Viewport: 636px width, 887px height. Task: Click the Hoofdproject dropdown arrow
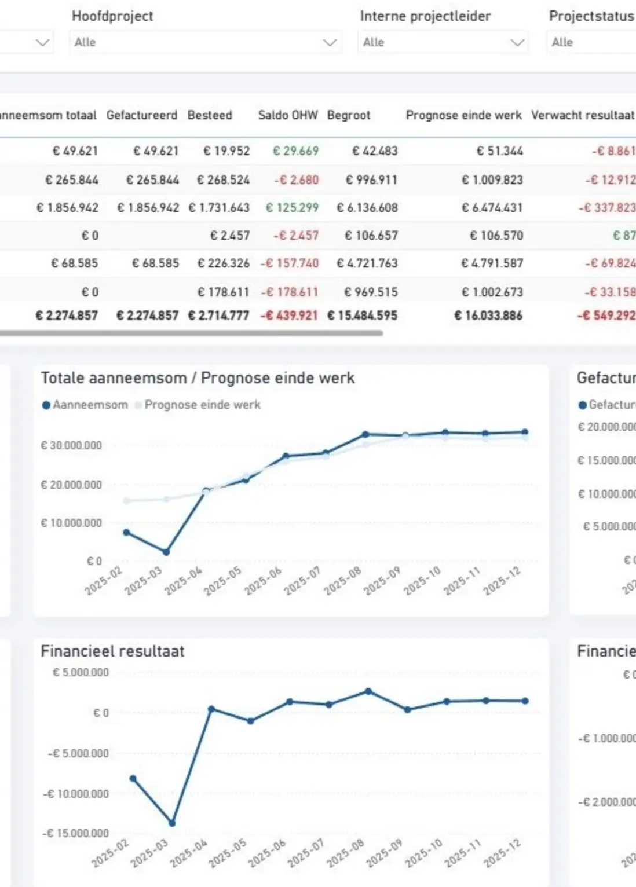[x=330, y=42]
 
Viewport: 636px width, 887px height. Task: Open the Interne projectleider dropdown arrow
[x=517, y=42]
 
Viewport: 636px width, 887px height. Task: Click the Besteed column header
[x=210, y=115]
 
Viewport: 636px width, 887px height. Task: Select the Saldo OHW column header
[x=288, y=115]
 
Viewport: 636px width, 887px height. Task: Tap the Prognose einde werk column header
[x=463, y=115]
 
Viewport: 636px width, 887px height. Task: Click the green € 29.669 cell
[x=295, y=151]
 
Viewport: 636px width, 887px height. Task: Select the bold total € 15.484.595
[x=363, y=316]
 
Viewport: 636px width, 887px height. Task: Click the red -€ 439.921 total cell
[x=289, y=316]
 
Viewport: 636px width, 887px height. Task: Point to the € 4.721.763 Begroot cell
[x=367, y=263]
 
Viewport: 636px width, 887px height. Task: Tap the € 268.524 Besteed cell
[x=223, y=180]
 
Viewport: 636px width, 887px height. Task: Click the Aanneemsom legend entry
[x=85, y=405]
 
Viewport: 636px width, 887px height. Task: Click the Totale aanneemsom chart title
[x=198, y=378]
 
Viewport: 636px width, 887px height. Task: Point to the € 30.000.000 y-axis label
[x=71, y=445]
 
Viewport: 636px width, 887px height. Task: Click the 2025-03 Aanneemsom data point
[x=166, y=552]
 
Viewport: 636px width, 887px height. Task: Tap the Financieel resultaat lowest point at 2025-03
[x=172, y=823]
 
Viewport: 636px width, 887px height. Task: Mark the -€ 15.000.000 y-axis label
[x=76, y=833]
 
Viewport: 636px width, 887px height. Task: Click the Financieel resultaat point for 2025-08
[x=368, y=691]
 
